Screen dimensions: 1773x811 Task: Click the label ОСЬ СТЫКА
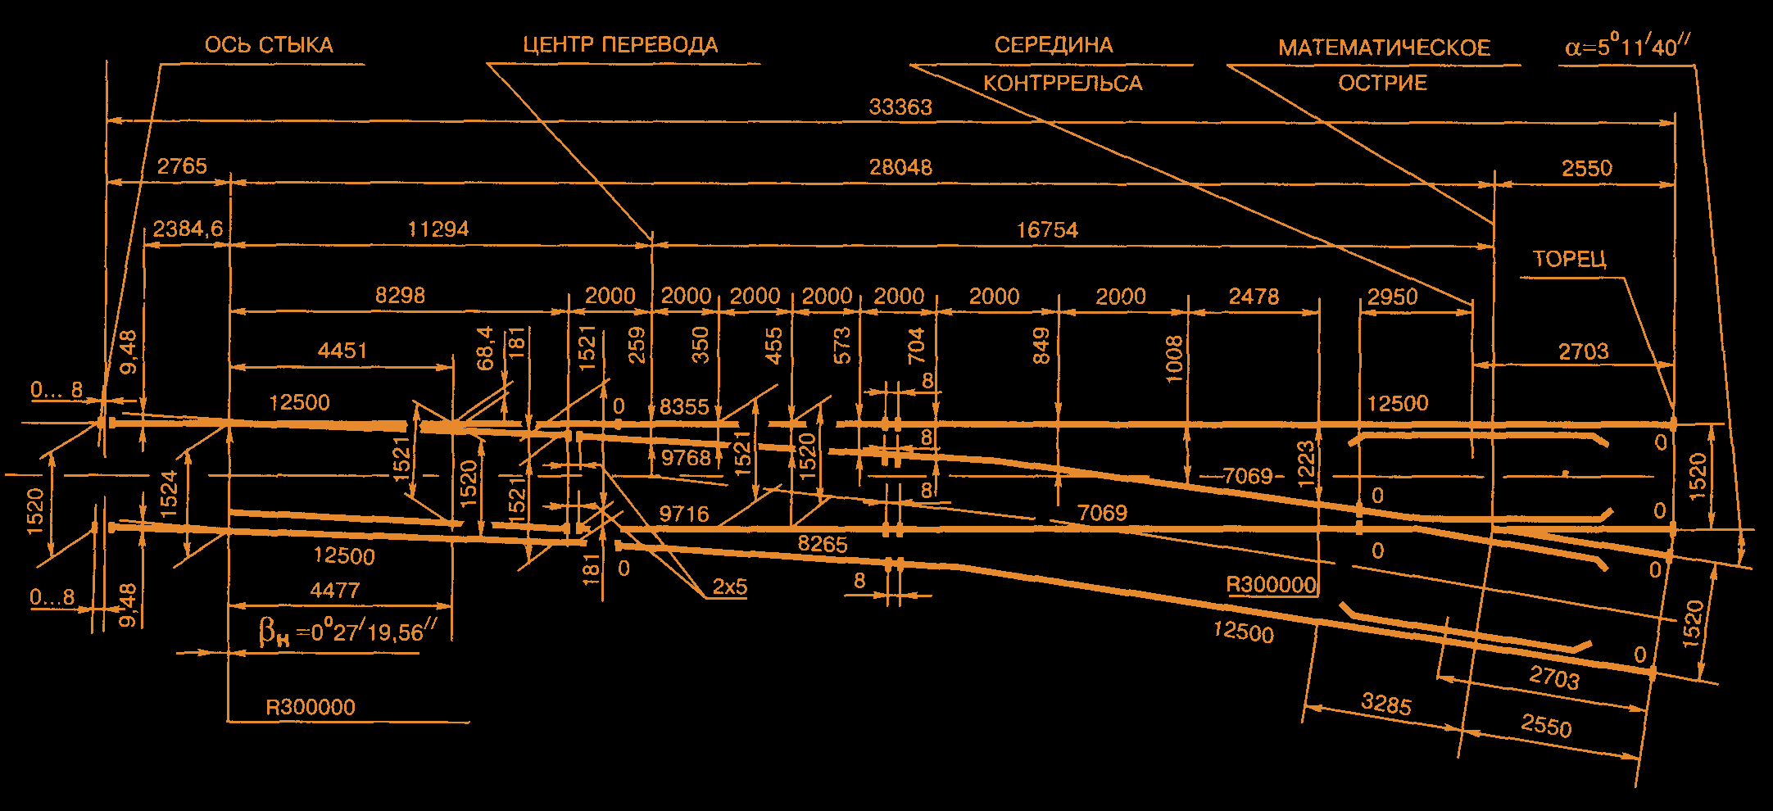coord(269,45)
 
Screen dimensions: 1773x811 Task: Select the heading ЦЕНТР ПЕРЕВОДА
coord(620,45)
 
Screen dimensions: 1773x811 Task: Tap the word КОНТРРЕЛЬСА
coord(1063,84)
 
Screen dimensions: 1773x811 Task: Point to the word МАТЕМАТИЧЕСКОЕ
coord(1385,48)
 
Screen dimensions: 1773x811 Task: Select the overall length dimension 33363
coord(900,107)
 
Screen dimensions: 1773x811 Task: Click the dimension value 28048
coord(900,168)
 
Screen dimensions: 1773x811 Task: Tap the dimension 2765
coord(182,166)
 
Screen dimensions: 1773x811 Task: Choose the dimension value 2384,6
coord(188,229)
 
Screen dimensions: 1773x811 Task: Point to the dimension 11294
coord(438,229)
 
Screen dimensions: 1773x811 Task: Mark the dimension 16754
coord(1047,230)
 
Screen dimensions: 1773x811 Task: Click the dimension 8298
coord(400,295)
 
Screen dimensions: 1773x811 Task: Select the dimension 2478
coord(1254,297)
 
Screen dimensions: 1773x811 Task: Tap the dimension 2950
coord(1392,297)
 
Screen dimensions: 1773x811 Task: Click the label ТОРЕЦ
coord(1569,260)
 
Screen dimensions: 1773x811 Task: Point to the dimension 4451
coord(342,351)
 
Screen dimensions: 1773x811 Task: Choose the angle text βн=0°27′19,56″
coord(347,632)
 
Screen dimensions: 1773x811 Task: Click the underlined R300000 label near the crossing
coord(1271,585)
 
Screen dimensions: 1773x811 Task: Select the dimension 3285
coord(1386,704)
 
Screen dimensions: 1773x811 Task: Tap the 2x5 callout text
coord(729,587)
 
